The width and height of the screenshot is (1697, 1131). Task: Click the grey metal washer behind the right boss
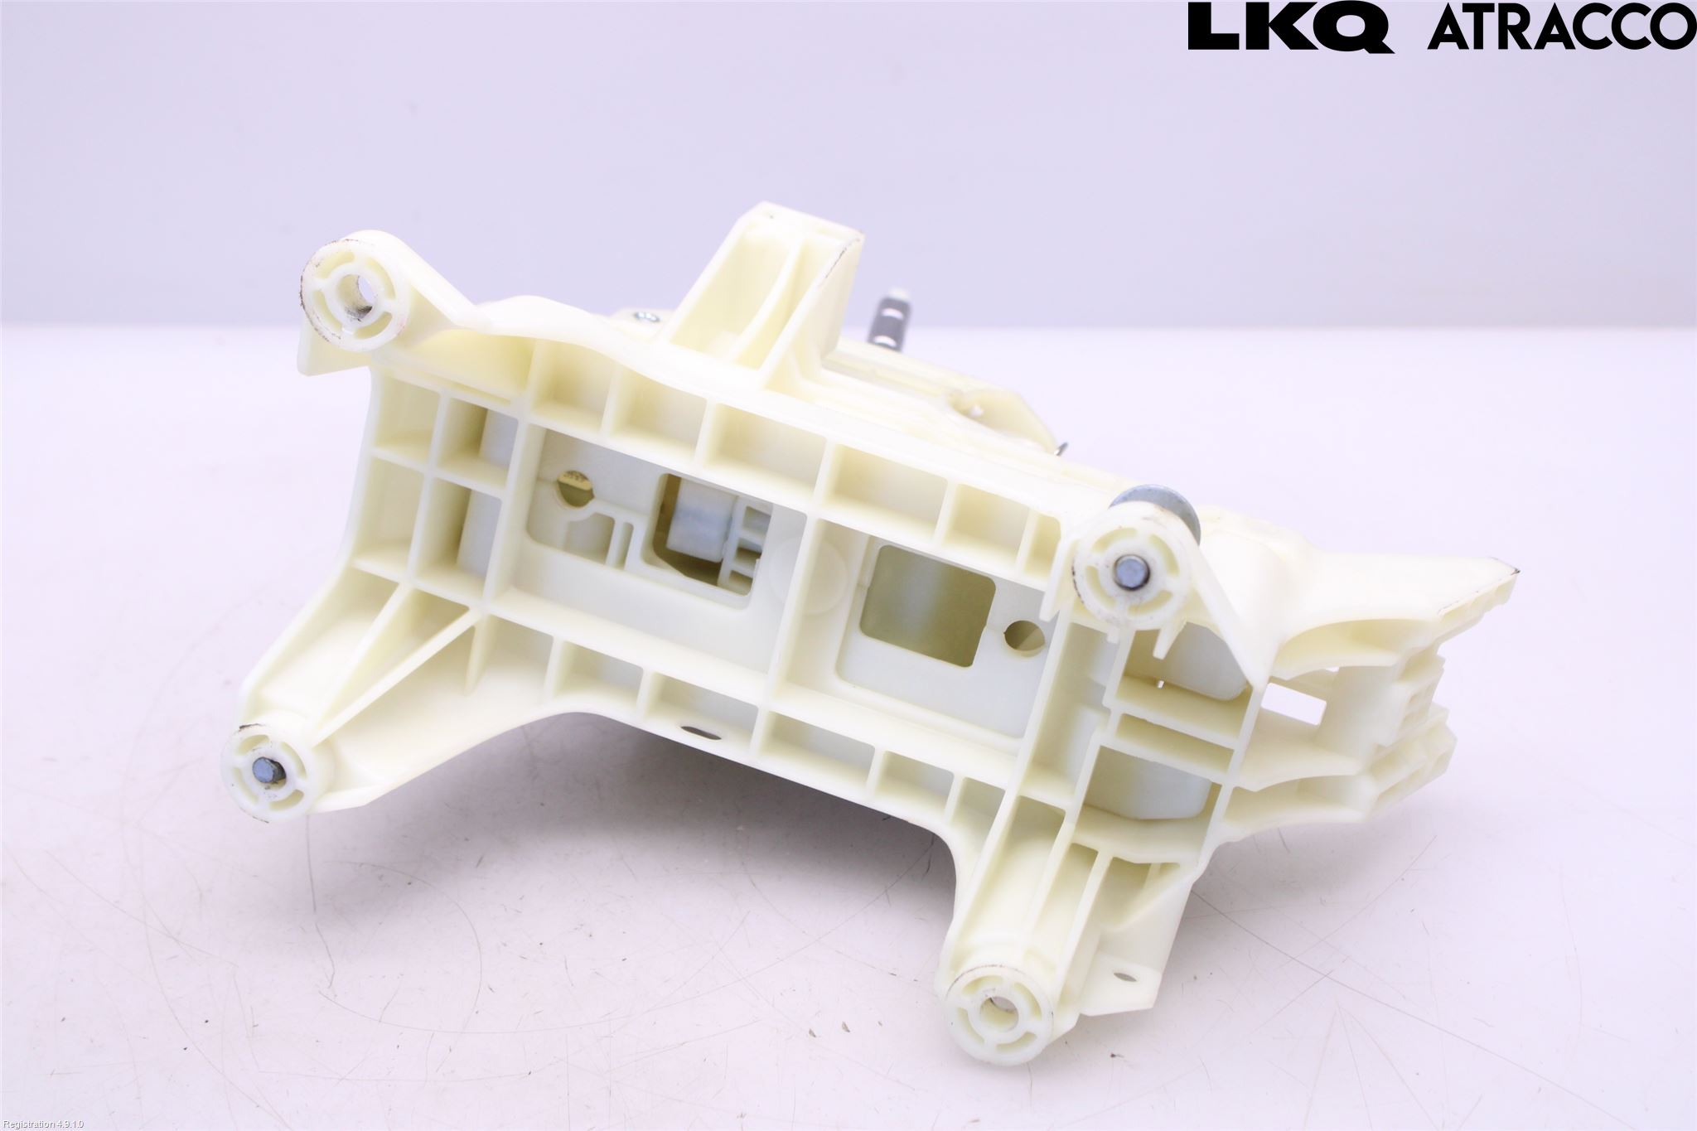click(1160, 510)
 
